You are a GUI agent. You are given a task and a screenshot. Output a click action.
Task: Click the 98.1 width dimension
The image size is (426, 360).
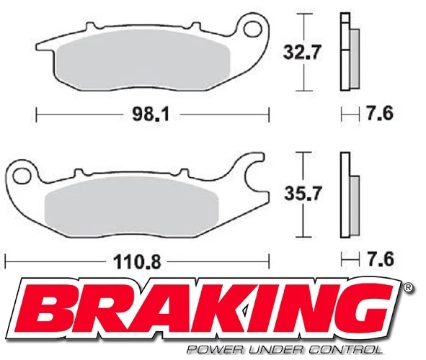(154, 114)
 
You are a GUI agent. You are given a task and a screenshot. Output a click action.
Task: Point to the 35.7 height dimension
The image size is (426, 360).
(298, 192)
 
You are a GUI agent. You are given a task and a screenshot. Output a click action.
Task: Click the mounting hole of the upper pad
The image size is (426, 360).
(252, 29)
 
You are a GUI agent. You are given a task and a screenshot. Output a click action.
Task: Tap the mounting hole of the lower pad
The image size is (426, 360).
(22, 174)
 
